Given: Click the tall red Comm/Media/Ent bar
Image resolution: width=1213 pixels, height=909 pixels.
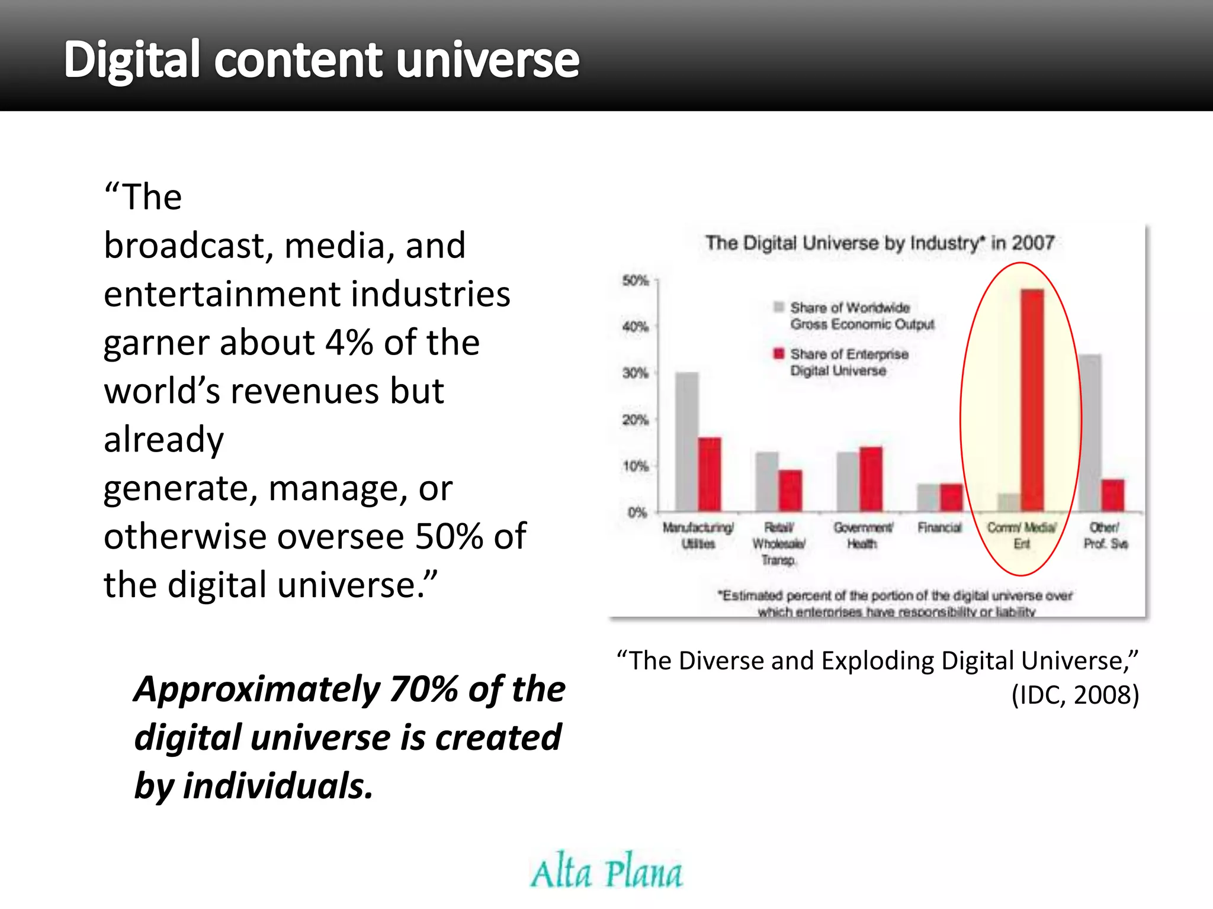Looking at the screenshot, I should click(x=1032, y=400).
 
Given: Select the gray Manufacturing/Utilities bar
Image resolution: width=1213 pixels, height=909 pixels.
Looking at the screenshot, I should click(x=686, y=441).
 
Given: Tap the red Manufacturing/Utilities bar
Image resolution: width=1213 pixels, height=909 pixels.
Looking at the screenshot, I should click(x=710, y=474).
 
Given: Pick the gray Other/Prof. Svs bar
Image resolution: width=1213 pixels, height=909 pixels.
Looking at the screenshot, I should click(x=1090, y=433).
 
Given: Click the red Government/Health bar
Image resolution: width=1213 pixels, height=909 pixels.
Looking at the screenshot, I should click(x=871, y=479).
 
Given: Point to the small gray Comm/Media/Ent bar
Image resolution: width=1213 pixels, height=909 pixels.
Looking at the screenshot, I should click(x=1009, y=502).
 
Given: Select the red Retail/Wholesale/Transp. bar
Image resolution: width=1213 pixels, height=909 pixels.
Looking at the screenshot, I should click(x=790, y=491).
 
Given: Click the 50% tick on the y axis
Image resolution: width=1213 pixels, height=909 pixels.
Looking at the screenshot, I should click(x=636, y=280).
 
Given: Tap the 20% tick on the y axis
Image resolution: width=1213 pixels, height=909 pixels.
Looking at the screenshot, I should click(x=636, y=420).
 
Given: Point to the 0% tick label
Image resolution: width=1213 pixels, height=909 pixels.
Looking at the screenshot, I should click(x=637, y=512).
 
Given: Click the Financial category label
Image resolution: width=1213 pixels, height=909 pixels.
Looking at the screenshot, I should click(x=940, y=527).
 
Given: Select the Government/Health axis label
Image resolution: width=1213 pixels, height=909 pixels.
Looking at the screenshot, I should click(x=863, y=535).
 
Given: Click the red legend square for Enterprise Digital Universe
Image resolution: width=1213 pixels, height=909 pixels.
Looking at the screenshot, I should click(x=779, y=353).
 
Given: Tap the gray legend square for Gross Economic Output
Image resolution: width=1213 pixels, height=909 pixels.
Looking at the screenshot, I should click(x=779, y=307).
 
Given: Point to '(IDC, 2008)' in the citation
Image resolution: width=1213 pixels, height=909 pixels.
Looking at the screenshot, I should click(x=1075, y=695).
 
